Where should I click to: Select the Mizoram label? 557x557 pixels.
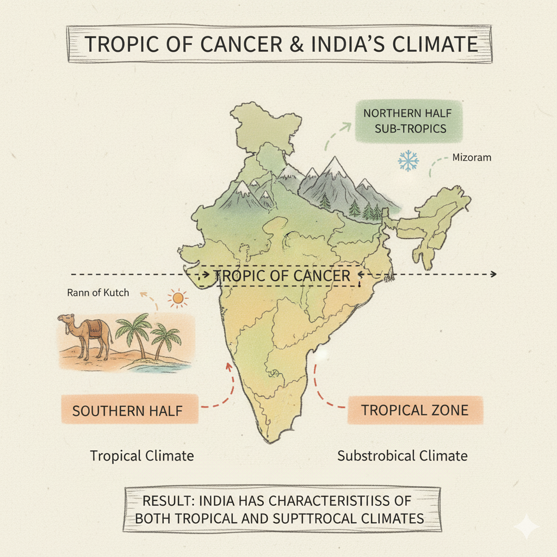click(472, 158)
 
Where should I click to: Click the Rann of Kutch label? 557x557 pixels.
click(98, 293)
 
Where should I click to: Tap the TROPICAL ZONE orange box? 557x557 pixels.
click(414, 410)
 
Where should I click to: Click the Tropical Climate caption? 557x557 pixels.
click(141, 455)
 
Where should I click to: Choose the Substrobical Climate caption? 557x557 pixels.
click(402, 455)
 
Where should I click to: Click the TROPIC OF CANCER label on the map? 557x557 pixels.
click(282, 276)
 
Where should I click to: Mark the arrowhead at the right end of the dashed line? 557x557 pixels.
click(493, 274)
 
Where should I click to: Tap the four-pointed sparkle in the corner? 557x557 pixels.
click(526, 527)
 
